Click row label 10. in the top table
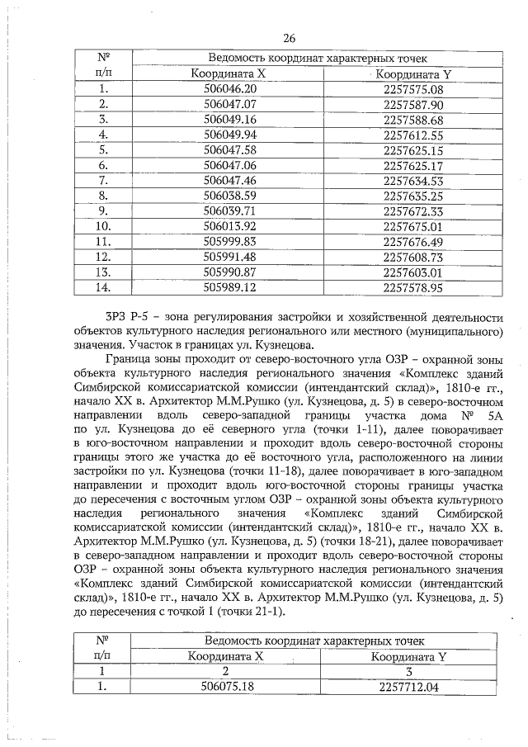pyautogui.click(x=104, y=226)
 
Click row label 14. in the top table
pyautogui.click(x=104, y=287)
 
